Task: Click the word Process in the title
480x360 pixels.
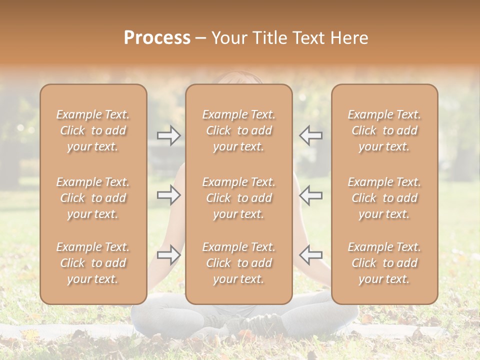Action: pyautogui.click(x=157, y=38)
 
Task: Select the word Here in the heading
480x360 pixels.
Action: pyautogui.click(x=350, y=38)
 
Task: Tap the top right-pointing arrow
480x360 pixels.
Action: pyautogui.click(x=169, y=135)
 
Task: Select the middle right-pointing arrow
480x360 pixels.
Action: pyautogui.click(x=169, y=195)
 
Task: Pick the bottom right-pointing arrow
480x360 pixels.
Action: pyautogui.click(x=169, y=254)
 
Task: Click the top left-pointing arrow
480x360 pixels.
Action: pyautogui.click(x=311, y=135)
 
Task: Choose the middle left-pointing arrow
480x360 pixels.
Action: pyautogui.click(x=311, y=195)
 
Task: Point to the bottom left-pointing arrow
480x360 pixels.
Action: pyautogui.click(x=311, y=254)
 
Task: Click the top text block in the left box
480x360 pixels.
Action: pyautogui.click(x=93, y=130)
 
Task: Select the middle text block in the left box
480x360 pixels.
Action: pyautogui.click(x=93, y=198)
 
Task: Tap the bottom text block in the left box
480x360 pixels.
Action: pyautogui.click(x=93, y=263)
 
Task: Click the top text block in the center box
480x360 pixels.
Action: pyautogui.click(x=239, y=130)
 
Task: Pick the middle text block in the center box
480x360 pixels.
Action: pyautogui.click(x=239, y=198)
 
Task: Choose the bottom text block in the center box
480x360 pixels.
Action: pyautogui.click(x=239, y=263)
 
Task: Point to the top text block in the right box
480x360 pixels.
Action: pyautogui.click(x=384, y=130)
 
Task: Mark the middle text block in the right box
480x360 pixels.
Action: pyautogui.click(x=384, y=198)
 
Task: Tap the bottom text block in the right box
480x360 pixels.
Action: pyautogui.click(x=384, y=263)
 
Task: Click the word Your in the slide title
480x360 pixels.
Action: pyautogui.click(x=228, y=38)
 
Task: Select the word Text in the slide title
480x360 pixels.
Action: pyautogui.click(x=308, y=38)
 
